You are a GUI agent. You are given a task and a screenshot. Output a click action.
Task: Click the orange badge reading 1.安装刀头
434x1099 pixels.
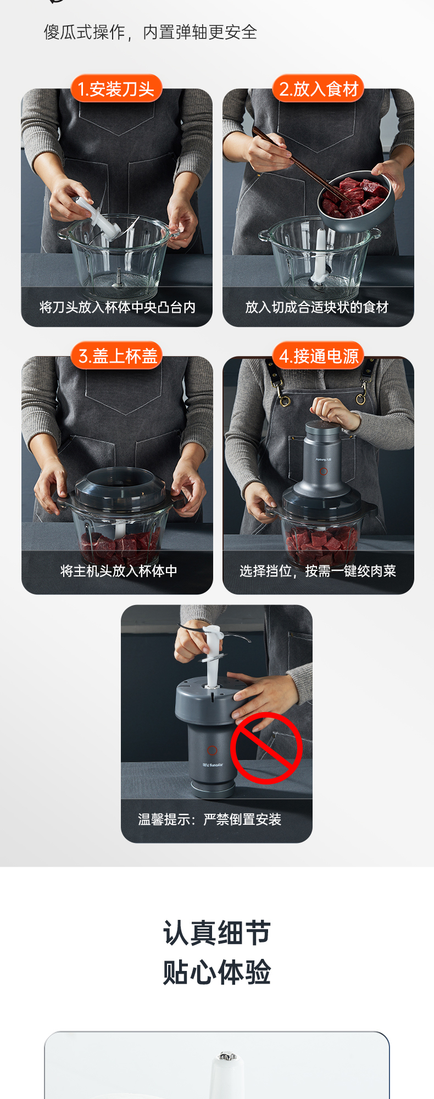(x=116, y=88)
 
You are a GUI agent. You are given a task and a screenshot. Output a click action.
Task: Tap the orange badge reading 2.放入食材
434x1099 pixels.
(x=319, y=88)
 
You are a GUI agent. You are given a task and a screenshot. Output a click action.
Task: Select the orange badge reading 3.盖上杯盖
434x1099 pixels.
(x=118, y=356)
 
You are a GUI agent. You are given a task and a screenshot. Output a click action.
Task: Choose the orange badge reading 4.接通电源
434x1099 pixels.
(x=319, y=356)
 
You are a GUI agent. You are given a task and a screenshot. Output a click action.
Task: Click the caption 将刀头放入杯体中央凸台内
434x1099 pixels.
(x=117, y=307)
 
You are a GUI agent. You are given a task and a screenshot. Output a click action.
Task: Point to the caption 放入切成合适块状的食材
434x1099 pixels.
(x=317, y=307)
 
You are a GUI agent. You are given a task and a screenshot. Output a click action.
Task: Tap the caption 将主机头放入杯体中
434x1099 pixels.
(x=119, y=571)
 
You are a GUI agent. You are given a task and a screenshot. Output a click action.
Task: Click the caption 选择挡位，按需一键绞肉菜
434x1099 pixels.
(x=318, y=571)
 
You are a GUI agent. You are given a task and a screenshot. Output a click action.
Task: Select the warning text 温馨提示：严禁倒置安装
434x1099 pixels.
(x=209, y=819)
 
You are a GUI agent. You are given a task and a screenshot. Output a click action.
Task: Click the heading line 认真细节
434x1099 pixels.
(x=217, y=933)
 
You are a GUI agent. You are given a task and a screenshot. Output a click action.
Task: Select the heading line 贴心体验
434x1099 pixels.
(x=217, y=972)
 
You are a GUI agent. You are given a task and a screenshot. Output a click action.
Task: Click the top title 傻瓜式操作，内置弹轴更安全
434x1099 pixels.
(x=151, y=32)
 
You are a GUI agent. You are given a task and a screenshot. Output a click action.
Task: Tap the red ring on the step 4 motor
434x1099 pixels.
(x=324, y=471)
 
